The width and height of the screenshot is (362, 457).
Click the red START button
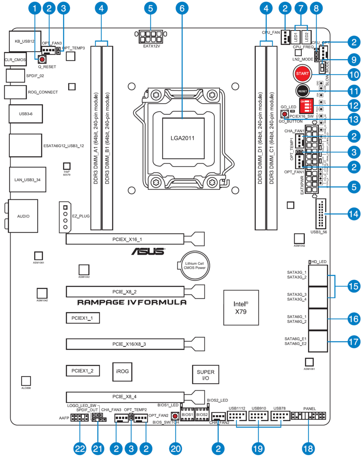point(302,74)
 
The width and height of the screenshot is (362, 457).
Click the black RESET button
point(302,91)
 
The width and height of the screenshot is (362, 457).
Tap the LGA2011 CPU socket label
point(184,138)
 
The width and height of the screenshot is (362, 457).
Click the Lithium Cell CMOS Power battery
point(194,265)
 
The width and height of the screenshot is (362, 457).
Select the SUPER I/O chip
point(206,374)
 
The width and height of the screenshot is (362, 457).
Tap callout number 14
point(353,214)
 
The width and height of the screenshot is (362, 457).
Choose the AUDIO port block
point(23,216)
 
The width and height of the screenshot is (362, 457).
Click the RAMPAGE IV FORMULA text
point(131,302)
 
